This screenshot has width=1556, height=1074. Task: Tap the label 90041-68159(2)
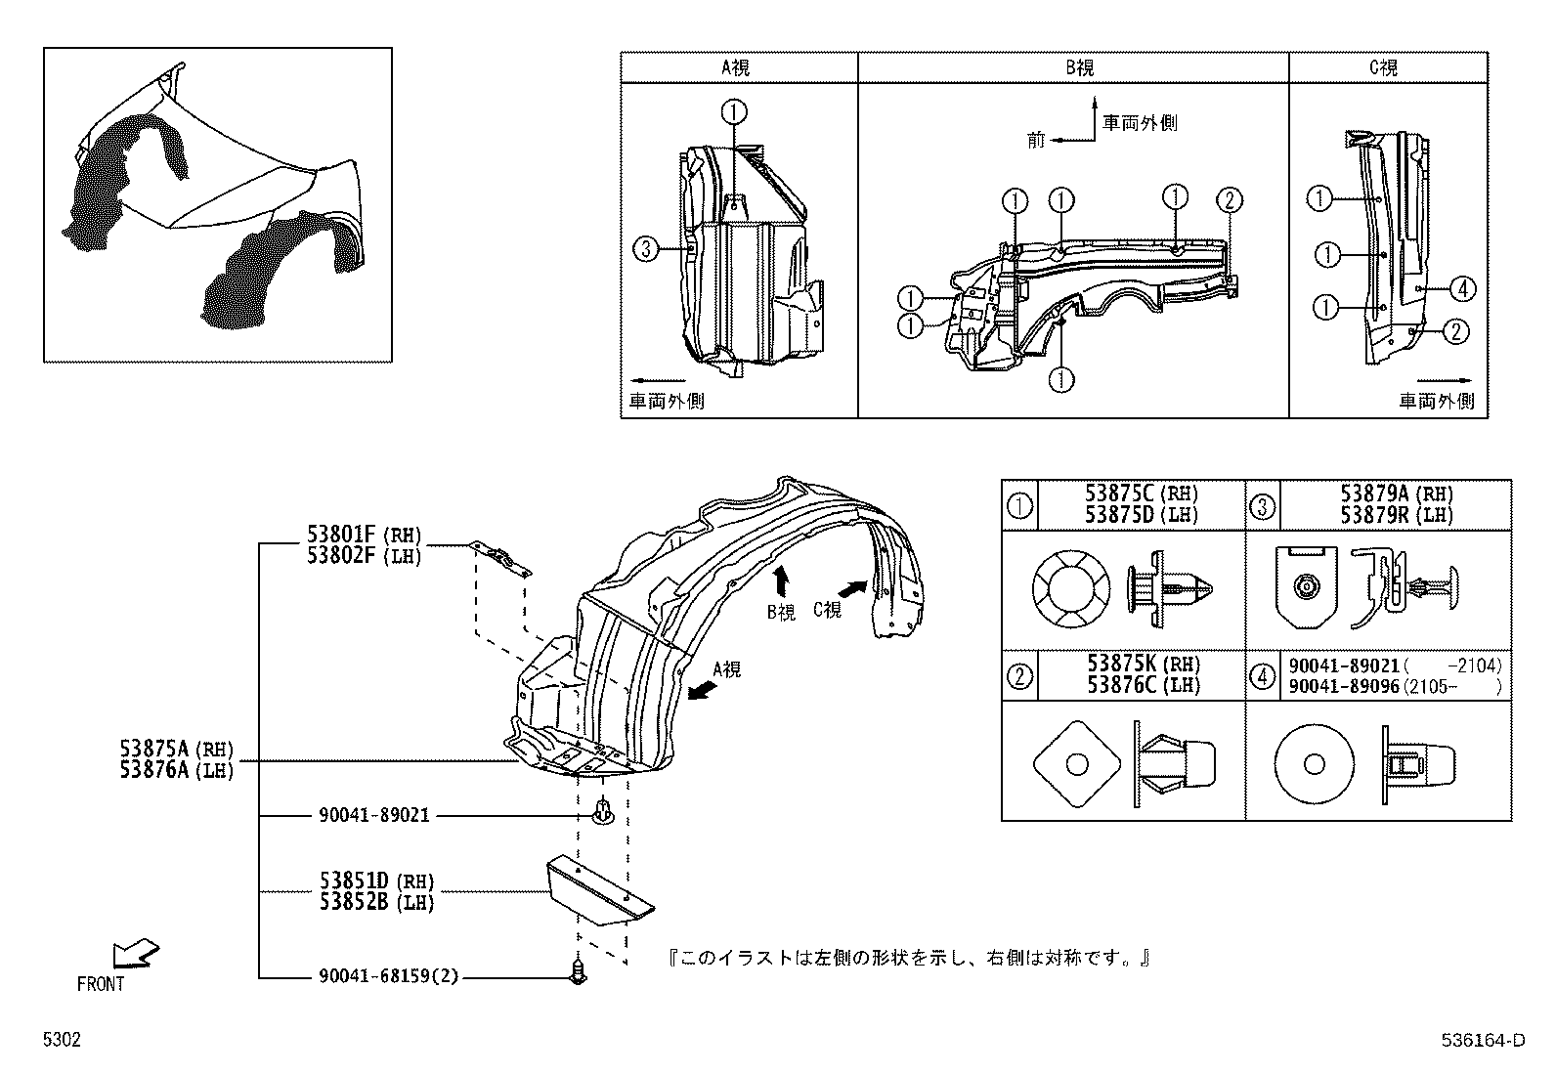tap(388, 976)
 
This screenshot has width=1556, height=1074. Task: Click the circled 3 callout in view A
tap(645, 249)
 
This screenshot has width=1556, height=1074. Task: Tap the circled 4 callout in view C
tap(1462, 288)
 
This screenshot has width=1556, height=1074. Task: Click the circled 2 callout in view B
tap(1229, 200)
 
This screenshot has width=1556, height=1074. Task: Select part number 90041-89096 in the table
tap(1345, 687)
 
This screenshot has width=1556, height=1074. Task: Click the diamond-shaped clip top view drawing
tap(1074, 762)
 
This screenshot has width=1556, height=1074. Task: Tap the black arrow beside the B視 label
tap(781, 582)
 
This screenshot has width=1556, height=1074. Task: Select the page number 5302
tap(61, 1041)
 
